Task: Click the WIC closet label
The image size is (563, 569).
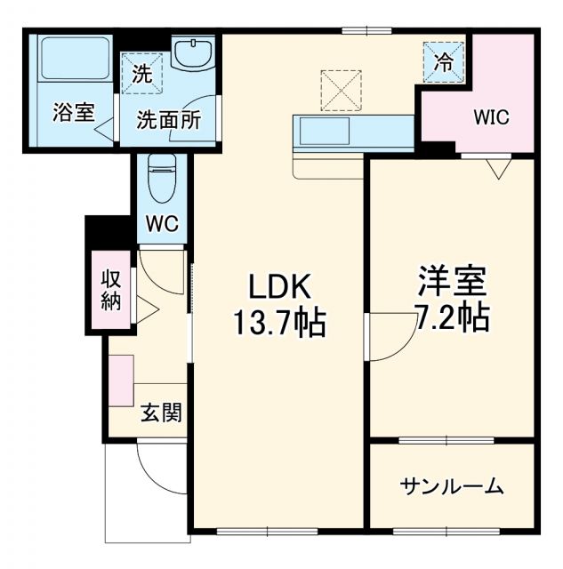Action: point(491,117)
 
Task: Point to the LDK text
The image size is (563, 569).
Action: point(278,287)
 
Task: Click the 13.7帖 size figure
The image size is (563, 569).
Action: point(278,323)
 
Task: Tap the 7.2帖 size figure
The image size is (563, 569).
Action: point(451,317)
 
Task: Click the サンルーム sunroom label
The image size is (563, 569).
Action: point(451,486)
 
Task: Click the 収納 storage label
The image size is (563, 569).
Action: point(110,290)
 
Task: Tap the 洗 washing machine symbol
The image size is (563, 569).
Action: point(142,76)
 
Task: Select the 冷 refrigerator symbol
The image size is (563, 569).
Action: point(442,61)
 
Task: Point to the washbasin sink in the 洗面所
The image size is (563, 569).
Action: point(192,55)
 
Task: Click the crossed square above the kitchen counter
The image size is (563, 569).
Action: point(341,89)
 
